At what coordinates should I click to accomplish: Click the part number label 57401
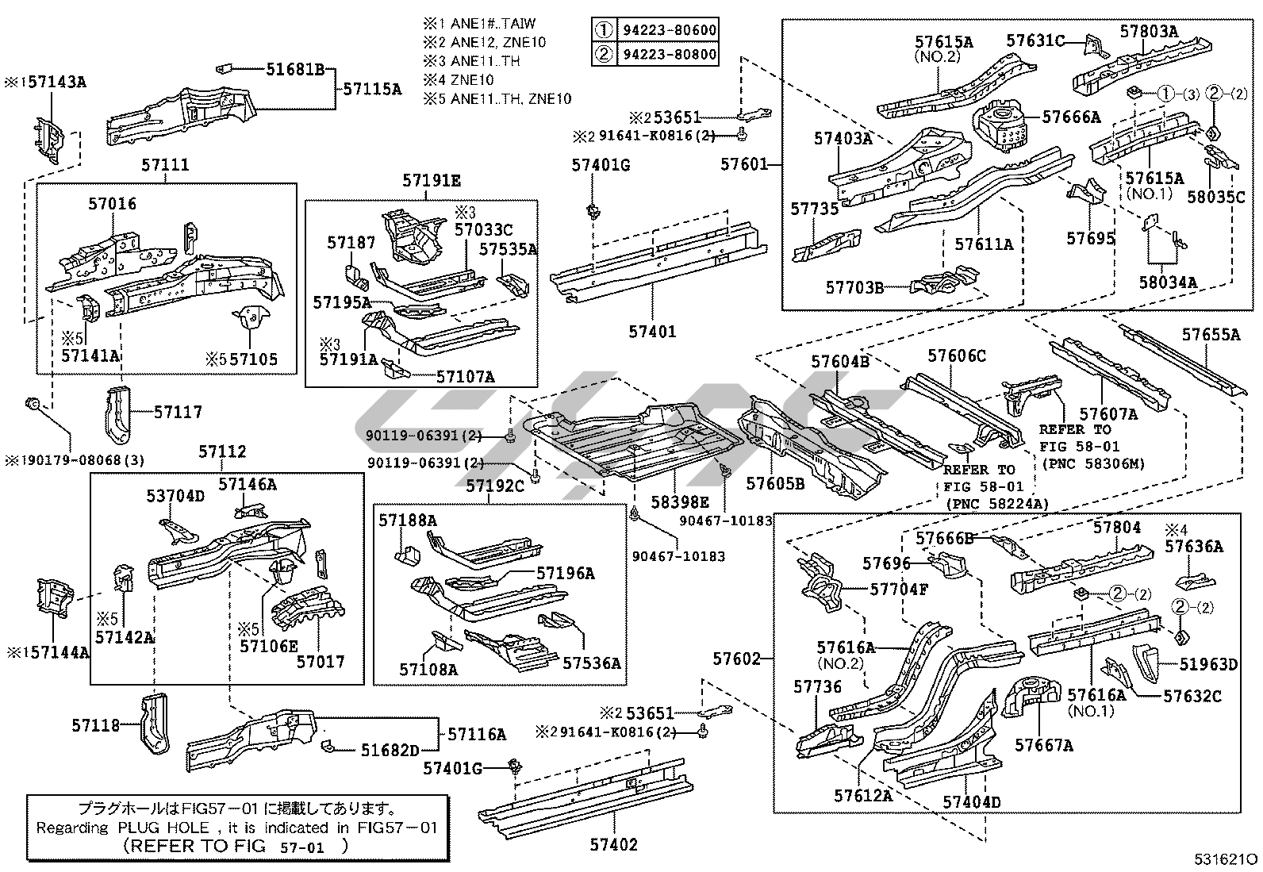652,331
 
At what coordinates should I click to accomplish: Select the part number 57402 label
613,844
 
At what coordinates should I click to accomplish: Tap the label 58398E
681,502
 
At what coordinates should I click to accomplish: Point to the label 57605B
775,483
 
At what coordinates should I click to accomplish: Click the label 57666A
1071,117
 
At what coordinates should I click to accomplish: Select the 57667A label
1044,745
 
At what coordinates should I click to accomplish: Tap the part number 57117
178,412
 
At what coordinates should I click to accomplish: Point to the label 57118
95,725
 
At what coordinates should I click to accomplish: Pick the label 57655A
1211,335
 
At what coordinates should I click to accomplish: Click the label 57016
112,204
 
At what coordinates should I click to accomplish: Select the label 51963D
1209,664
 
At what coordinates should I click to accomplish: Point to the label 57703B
854,287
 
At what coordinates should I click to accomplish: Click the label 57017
321,660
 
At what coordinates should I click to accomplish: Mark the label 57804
1117,527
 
